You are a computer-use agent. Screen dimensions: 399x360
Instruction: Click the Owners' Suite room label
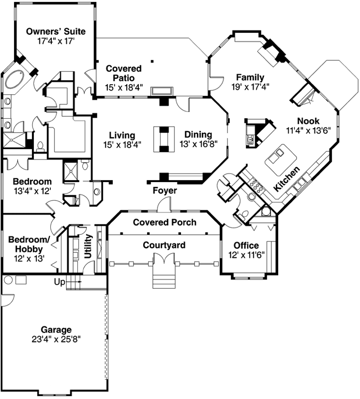[x=56, y=32]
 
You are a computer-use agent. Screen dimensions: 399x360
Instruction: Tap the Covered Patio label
[x=124, y=73]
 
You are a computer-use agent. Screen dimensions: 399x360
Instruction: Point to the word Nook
[x=308, y=121]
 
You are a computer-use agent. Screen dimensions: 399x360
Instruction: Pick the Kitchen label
[x=287, y=180]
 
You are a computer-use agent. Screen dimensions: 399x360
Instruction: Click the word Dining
[x=198, y=135]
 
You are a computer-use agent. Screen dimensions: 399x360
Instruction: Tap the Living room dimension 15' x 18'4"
[x=122, y=145]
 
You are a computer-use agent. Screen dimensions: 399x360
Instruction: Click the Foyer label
[x=165, y=191]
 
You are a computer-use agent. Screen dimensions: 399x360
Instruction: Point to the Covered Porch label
[x=165, y=222]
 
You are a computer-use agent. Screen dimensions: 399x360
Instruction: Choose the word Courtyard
[x=164, y=245]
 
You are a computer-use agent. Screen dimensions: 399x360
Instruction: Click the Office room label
[x=246, y=245]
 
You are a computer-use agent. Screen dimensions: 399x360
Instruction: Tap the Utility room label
[x=88, y=246]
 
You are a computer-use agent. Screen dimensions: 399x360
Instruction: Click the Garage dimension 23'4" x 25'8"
[x=56, y=339]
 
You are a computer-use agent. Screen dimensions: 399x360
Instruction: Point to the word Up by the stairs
[x=60, y=282]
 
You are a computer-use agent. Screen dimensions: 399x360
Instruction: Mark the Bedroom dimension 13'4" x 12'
[x=32, y=191]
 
